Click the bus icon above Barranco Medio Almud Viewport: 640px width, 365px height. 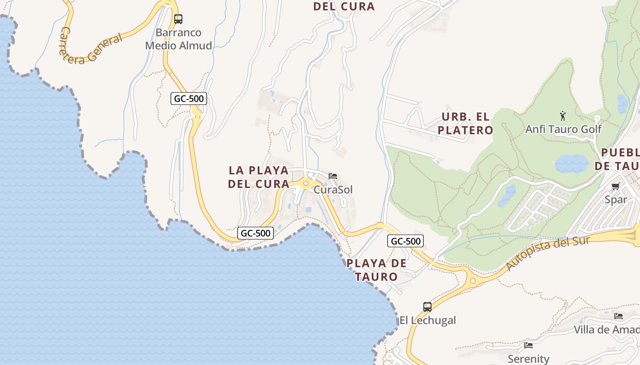click(x=178, y=19)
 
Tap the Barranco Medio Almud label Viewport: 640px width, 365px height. click(x=179, y=39)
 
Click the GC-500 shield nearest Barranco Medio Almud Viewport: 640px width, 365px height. click(x=189, y=99)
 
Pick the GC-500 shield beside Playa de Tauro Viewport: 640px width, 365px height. click(x=405, y=241)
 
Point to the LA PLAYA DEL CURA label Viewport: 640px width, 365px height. click(x=259, y=177)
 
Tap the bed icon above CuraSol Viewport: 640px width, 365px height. click(x=333, y=176)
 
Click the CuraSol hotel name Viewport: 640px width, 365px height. click(x=333, y=189)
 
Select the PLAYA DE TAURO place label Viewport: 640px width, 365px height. click(x=376, y=270)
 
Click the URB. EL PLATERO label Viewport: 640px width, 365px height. click(x=465, y=124)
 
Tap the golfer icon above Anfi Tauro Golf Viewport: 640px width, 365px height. click(x=563, y=116)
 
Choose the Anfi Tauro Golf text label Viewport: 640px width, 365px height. click(x=563, y=129)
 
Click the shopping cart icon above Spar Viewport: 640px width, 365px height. click(x=615, y=186)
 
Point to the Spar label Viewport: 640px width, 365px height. click(x=615, y=199)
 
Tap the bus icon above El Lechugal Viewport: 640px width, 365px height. click(x=427, y=307)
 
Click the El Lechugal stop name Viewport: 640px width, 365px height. click(x=427, y=320)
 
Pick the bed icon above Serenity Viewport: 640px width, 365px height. click(x=528, y=345)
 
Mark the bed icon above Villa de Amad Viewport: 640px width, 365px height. click(x=619, y=316)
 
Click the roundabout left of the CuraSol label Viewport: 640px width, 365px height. click(x=306, y=183)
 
